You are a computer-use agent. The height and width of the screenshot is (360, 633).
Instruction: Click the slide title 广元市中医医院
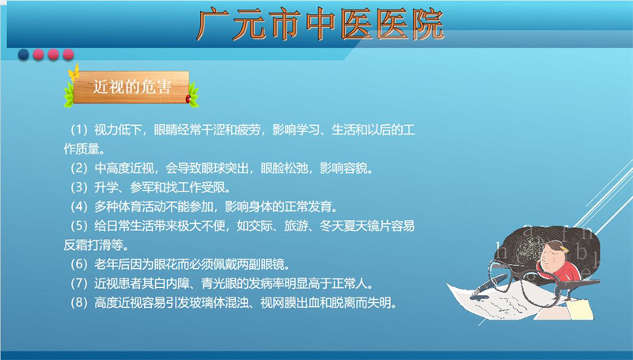(320, 25)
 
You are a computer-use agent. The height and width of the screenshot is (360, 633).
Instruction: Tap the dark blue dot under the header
(24, 54)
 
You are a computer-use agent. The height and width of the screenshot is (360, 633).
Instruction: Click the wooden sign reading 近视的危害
(131, 87)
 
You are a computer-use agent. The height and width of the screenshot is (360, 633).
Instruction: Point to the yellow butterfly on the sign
(74, 73)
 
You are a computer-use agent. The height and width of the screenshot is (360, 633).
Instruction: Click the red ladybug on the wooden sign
(188, 98)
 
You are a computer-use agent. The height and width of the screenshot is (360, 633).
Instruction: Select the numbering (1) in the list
(79, 130)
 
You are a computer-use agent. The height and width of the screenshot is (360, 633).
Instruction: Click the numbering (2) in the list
(79, 169)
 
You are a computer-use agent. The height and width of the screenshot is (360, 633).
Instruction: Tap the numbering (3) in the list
(79, 188)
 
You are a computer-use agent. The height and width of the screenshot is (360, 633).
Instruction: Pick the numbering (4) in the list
(79, 207)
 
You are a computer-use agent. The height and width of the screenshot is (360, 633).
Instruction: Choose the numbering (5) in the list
(79, 226)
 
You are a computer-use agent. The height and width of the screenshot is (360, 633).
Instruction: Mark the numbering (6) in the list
(79, 265)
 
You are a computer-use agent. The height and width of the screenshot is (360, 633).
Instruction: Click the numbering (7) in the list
(79, 284)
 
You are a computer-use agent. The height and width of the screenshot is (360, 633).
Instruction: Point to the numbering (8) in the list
(79, 303)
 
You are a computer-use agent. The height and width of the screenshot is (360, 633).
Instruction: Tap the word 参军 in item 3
(142, 188)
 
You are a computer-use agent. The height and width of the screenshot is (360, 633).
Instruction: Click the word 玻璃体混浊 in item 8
(219, 303)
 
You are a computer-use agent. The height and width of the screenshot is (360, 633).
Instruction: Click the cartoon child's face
(552, 257)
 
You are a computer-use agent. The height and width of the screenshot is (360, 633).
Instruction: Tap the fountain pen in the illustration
(489, 286)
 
